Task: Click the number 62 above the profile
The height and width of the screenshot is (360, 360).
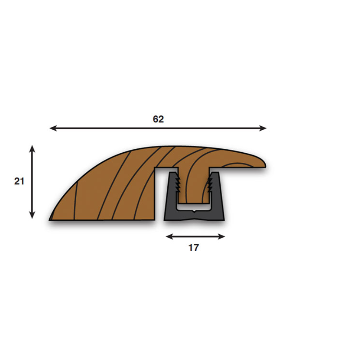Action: tap(158, 119)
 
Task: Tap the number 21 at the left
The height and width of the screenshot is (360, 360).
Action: tap(19, 181)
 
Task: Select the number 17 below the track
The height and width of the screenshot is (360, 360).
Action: tap(194, 248)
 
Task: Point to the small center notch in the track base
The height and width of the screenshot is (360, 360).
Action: tap(194, 211)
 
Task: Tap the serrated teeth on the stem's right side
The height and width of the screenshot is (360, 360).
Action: tap(210, 184)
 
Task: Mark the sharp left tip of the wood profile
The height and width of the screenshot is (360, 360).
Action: tap(51, 219)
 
